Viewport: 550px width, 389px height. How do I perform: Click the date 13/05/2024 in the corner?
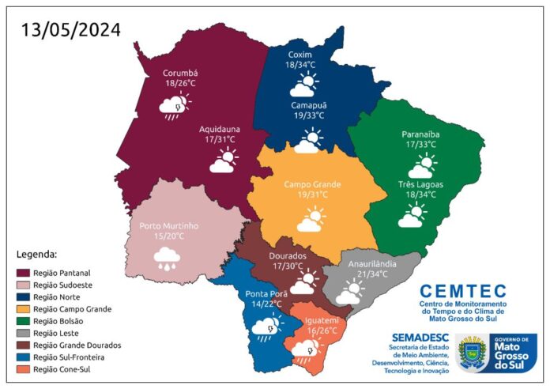pos(71,30)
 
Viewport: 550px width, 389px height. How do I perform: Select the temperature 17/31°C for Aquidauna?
pos(220,140)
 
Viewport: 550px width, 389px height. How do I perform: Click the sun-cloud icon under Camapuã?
pos(309,142)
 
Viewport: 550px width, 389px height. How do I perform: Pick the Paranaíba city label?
pos(420,134)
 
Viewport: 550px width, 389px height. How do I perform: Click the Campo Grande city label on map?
pos(312,184)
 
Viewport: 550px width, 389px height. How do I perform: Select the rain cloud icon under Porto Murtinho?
pos(167,258)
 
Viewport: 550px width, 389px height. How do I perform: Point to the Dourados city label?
pos(288,256)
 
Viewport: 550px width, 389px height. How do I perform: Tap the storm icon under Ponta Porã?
pos(265,325)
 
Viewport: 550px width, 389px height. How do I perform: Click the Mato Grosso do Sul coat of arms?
pos(473,352)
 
